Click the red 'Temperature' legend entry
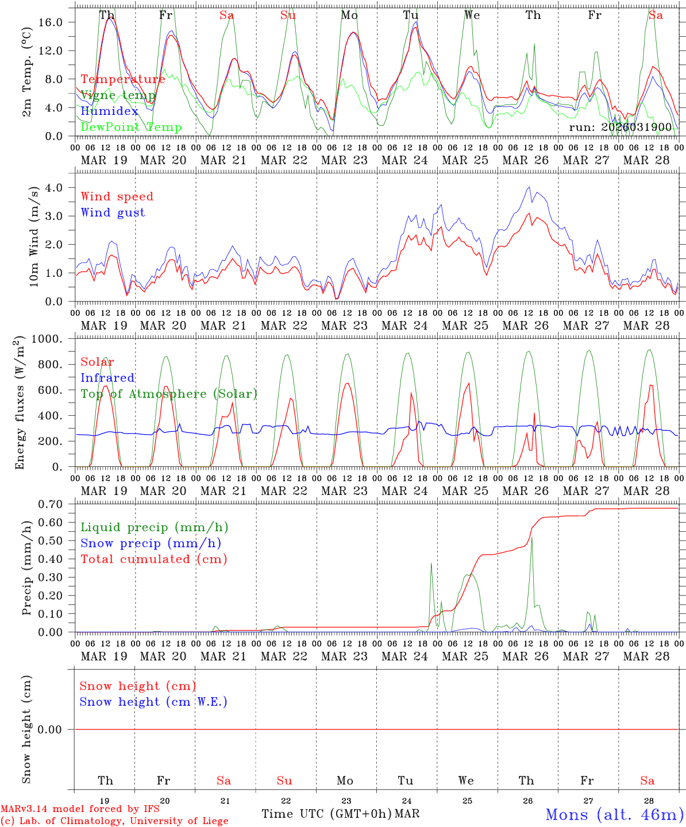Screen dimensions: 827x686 click(x=122, y=79)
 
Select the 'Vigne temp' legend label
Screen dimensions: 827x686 click(x=118, y=95)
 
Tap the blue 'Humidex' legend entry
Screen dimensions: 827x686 click(x=109, y=111)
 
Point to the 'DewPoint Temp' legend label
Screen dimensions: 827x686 click(x=131, y=127)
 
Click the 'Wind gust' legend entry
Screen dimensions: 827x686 click(x=113, y=212)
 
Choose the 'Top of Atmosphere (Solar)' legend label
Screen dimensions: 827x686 click(x=168, y=394)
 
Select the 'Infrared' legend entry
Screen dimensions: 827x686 click(x=107, y=378)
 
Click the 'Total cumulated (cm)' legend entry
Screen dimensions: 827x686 click(x=153, y=559)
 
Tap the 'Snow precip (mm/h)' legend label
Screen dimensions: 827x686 click(x=151, y=543)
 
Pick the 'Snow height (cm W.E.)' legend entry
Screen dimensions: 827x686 click(x=153, y=702)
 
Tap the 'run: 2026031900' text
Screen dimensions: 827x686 click(x=620, y=127)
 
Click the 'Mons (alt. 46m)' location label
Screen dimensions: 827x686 click(x=614, y=814)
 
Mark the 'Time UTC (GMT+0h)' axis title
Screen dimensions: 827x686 click(x=326, y=814)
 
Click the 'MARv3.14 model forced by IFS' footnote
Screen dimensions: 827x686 click(x=80, y=809)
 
